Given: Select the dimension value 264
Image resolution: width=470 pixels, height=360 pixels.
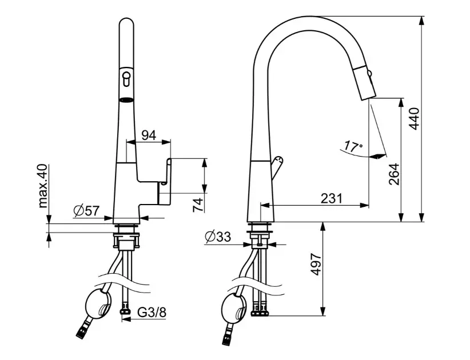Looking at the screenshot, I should tap(393, 174).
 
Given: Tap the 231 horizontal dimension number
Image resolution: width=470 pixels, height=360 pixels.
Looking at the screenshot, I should tap(331, 199).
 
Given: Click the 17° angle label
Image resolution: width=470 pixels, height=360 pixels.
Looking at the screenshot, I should tap(353, 147).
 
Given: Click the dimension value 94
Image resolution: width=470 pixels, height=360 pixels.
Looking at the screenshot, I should tap(149, 135).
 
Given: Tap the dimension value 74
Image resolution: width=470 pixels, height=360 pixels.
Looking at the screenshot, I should tap(198, 204).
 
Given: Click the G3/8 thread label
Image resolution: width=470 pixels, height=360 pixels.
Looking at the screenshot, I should tap(153, 312).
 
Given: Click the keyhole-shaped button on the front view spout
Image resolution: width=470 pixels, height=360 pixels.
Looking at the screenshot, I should tap(126, 78).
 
